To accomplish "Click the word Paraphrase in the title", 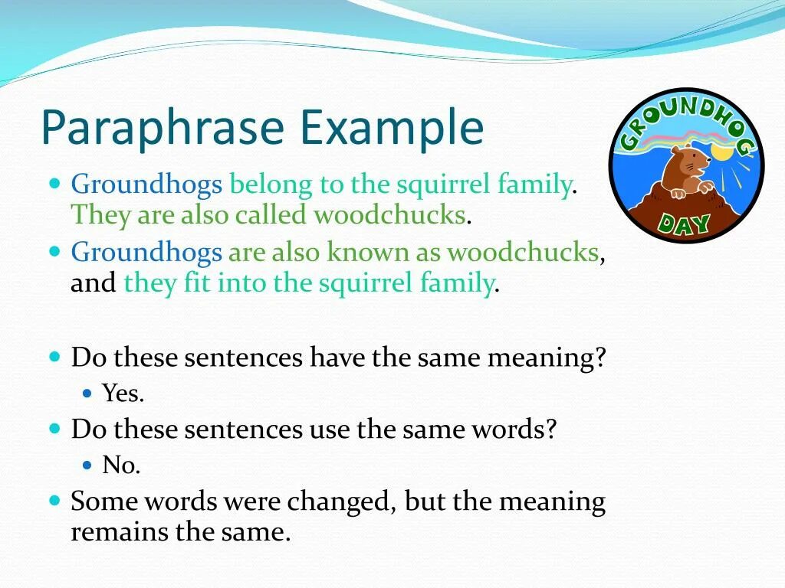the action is [163, 128].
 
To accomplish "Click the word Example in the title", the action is [392, 128].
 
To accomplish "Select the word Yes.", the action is [123, 393].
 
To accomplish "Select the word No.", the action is [121, 465].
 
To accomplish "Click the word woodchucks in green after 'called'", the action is [390, 215].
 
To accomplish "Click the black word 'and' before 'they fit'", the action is [93, 283].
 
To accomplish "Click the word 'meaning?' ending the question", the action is [546, 358].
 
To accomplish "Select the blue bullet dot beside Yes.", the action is [87, 394].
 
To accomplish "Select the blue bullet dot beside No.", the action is [87, 465].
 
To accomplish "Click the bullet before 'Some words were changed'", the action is [55, 500].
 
